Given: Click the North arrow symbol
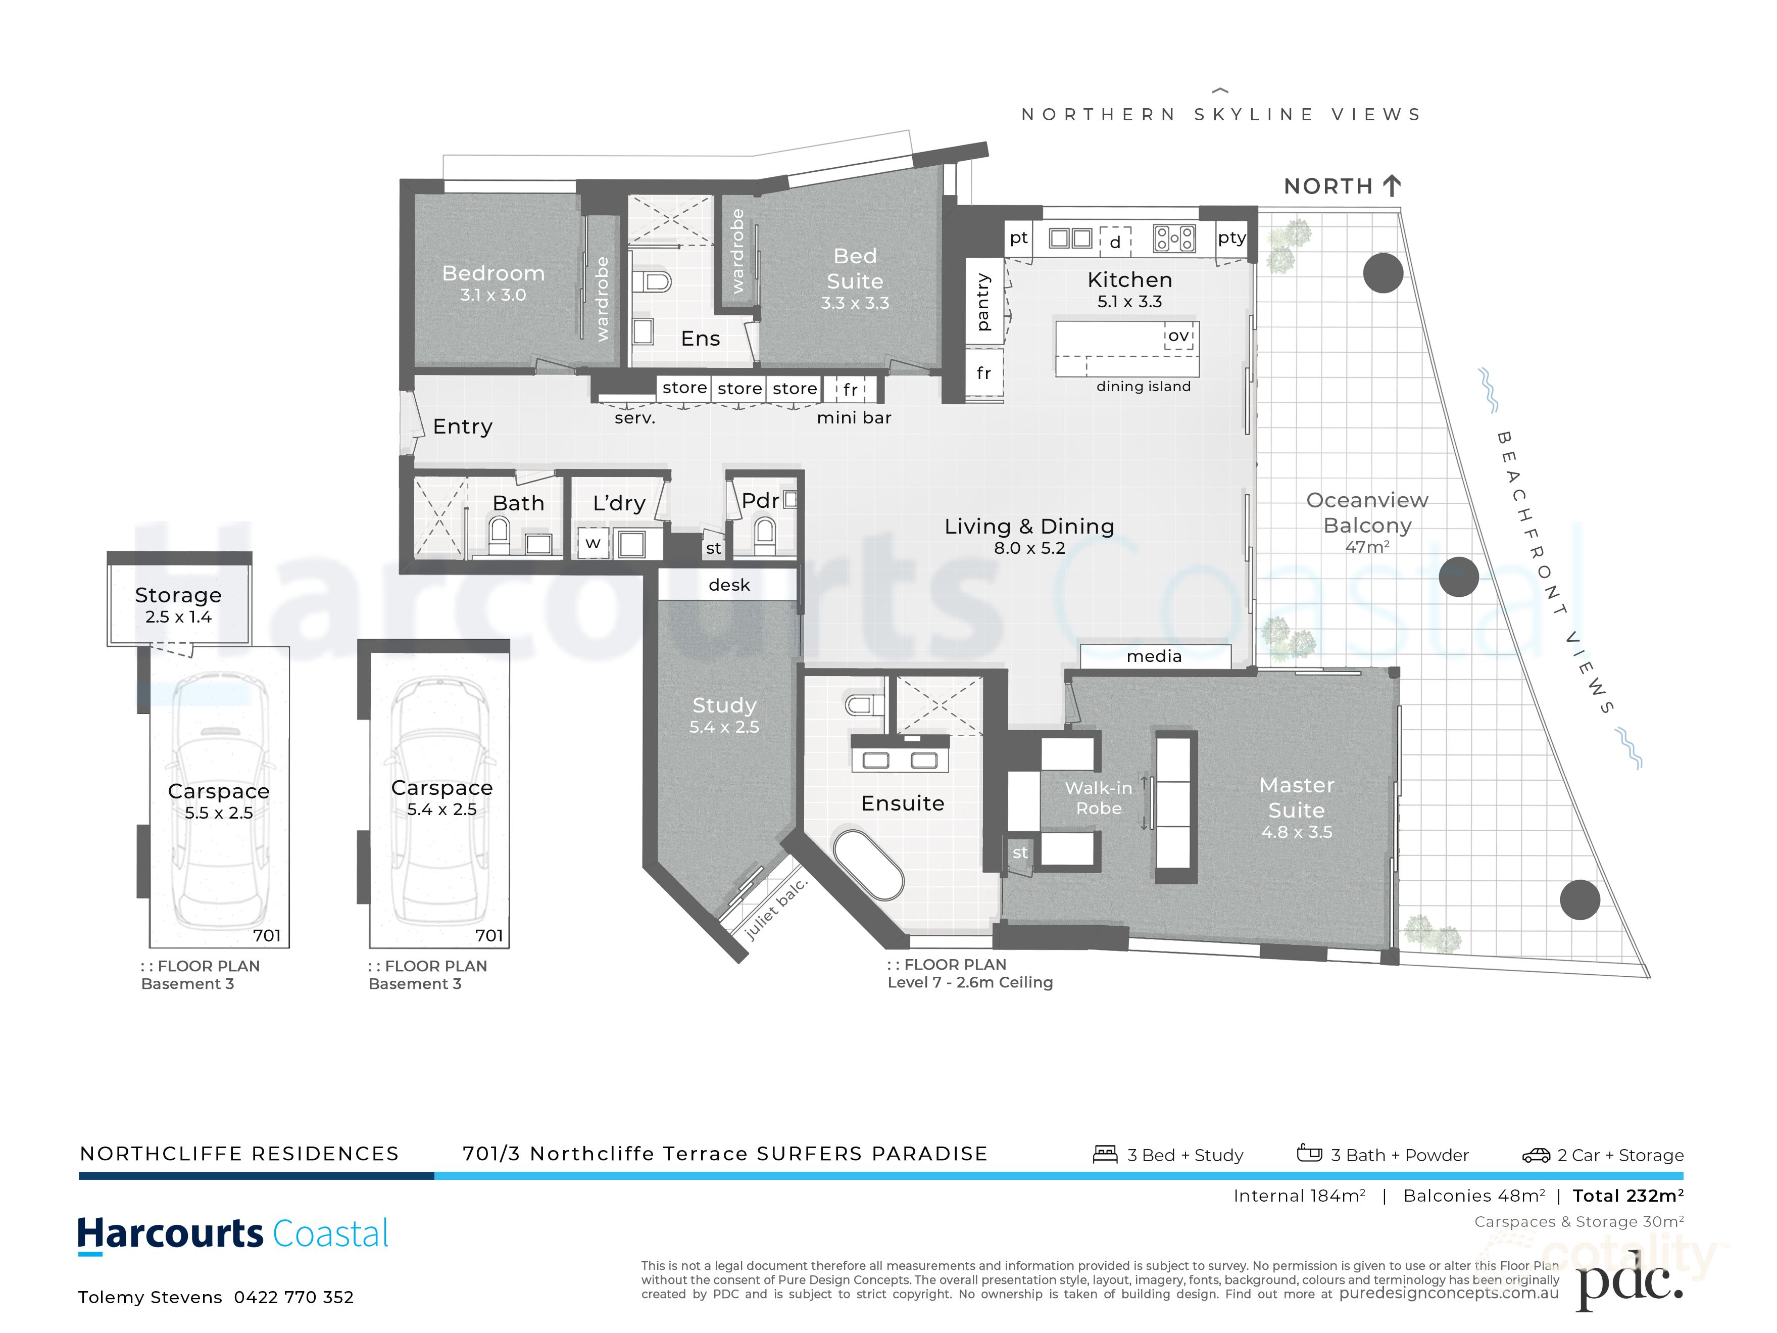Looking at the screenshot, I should click(x=1392, y=185).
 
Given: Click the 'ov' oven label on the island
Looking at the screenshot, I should click(x=1178, y=336).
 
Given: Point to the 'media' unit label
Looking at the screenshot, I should click(x=1154, y=656).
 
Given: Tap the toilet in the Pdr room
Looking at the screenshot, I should click(x=765, y=533).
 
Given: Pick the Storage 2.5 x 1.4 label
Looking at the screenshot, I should click(x=178, y=605).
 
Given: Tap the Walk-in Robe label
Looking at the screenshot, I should click(x=1098, y=798).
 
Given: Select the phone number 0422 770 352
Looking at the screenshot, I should click(x=293, y=1297).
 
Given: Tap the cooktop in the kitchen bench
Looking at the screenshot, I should click(x=1174, y=239).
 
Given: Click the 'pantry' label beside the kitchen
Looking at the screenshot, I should click(x=983, y=303).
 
